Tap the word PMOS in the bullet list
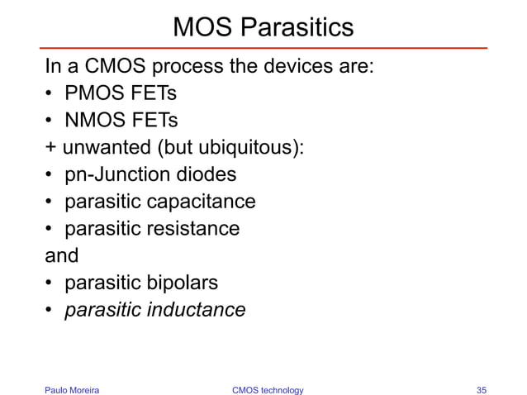coord(90,93)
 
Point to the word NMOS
coord(90,121)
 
